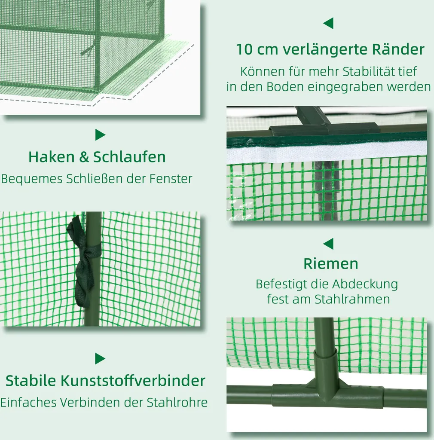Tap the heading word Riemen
330,264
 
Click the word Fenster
171,179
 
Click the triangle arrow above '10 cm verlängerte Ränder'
328,23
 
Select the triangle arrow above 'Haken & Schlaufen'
100,135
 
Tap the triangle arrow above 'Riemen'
328,244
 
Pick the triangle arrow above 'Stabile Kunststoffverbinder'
100,358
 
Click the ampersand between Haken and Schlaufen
84,157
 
